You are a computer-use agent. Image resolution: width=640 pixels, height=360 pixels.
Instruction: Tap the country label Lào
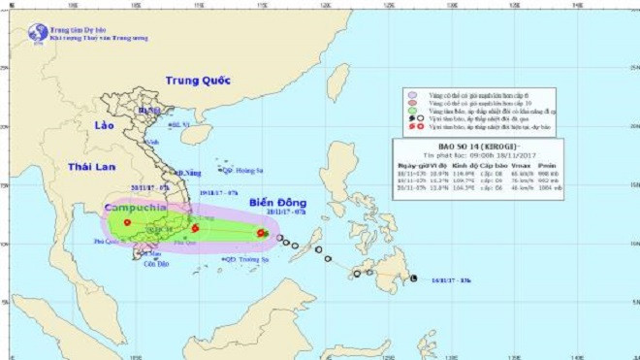click(x=106, y=127)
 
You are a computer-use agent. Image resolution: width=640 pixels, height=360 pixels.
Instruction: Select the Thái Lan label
click(x=91, y=168)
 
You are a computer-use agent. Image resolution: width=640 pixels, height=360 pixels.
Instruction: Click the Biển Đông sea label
click(x=276, y=203)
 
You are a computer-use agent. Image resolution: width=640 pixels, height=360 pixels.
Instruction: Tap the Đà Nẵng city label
click(x=189, y=173)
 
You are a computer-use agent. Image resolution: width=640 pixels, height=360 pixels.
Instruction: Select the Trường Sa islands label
click(x=247, y=260)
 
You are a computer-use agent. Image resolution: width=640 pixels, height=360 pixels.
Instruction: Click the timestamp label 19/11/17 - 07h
click(x=220, y=192)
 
